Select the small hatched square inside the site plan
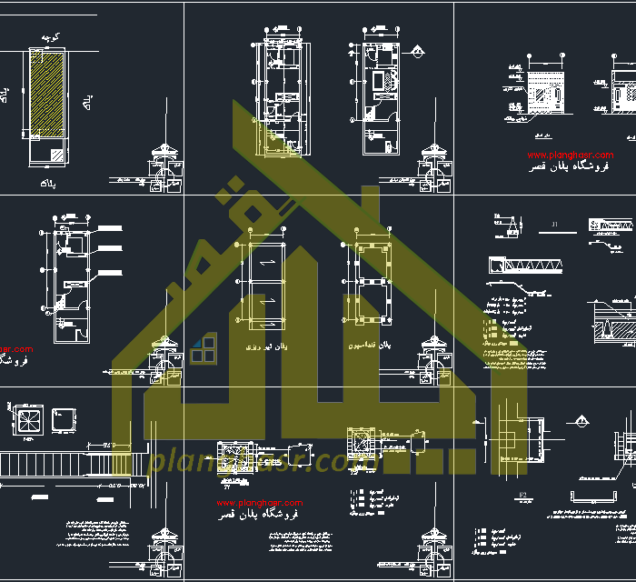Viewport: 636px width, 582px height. [57, 156]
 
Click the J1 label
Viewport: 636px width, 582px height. [556, 224]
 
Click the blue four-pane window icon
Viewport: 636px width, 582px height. [204, 348]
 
